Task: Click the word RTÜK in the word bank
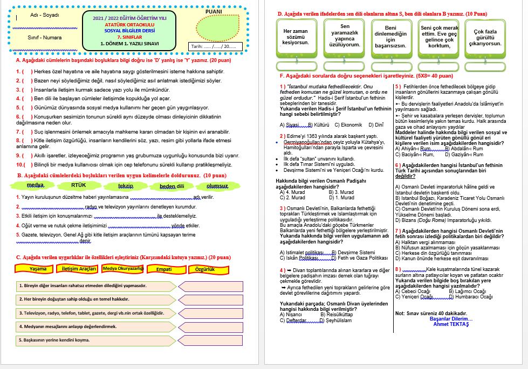(x=79, y=185)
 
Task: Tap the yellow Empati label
(x=164, y=268)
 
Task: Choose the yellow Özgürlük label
(x=205, y=268)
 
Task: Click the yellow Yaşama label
(x=38, y=268)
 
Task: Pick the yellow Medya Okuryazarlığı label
(x=122, y=268)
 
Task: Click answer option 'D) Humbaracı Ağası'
(x=471, y=296)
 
